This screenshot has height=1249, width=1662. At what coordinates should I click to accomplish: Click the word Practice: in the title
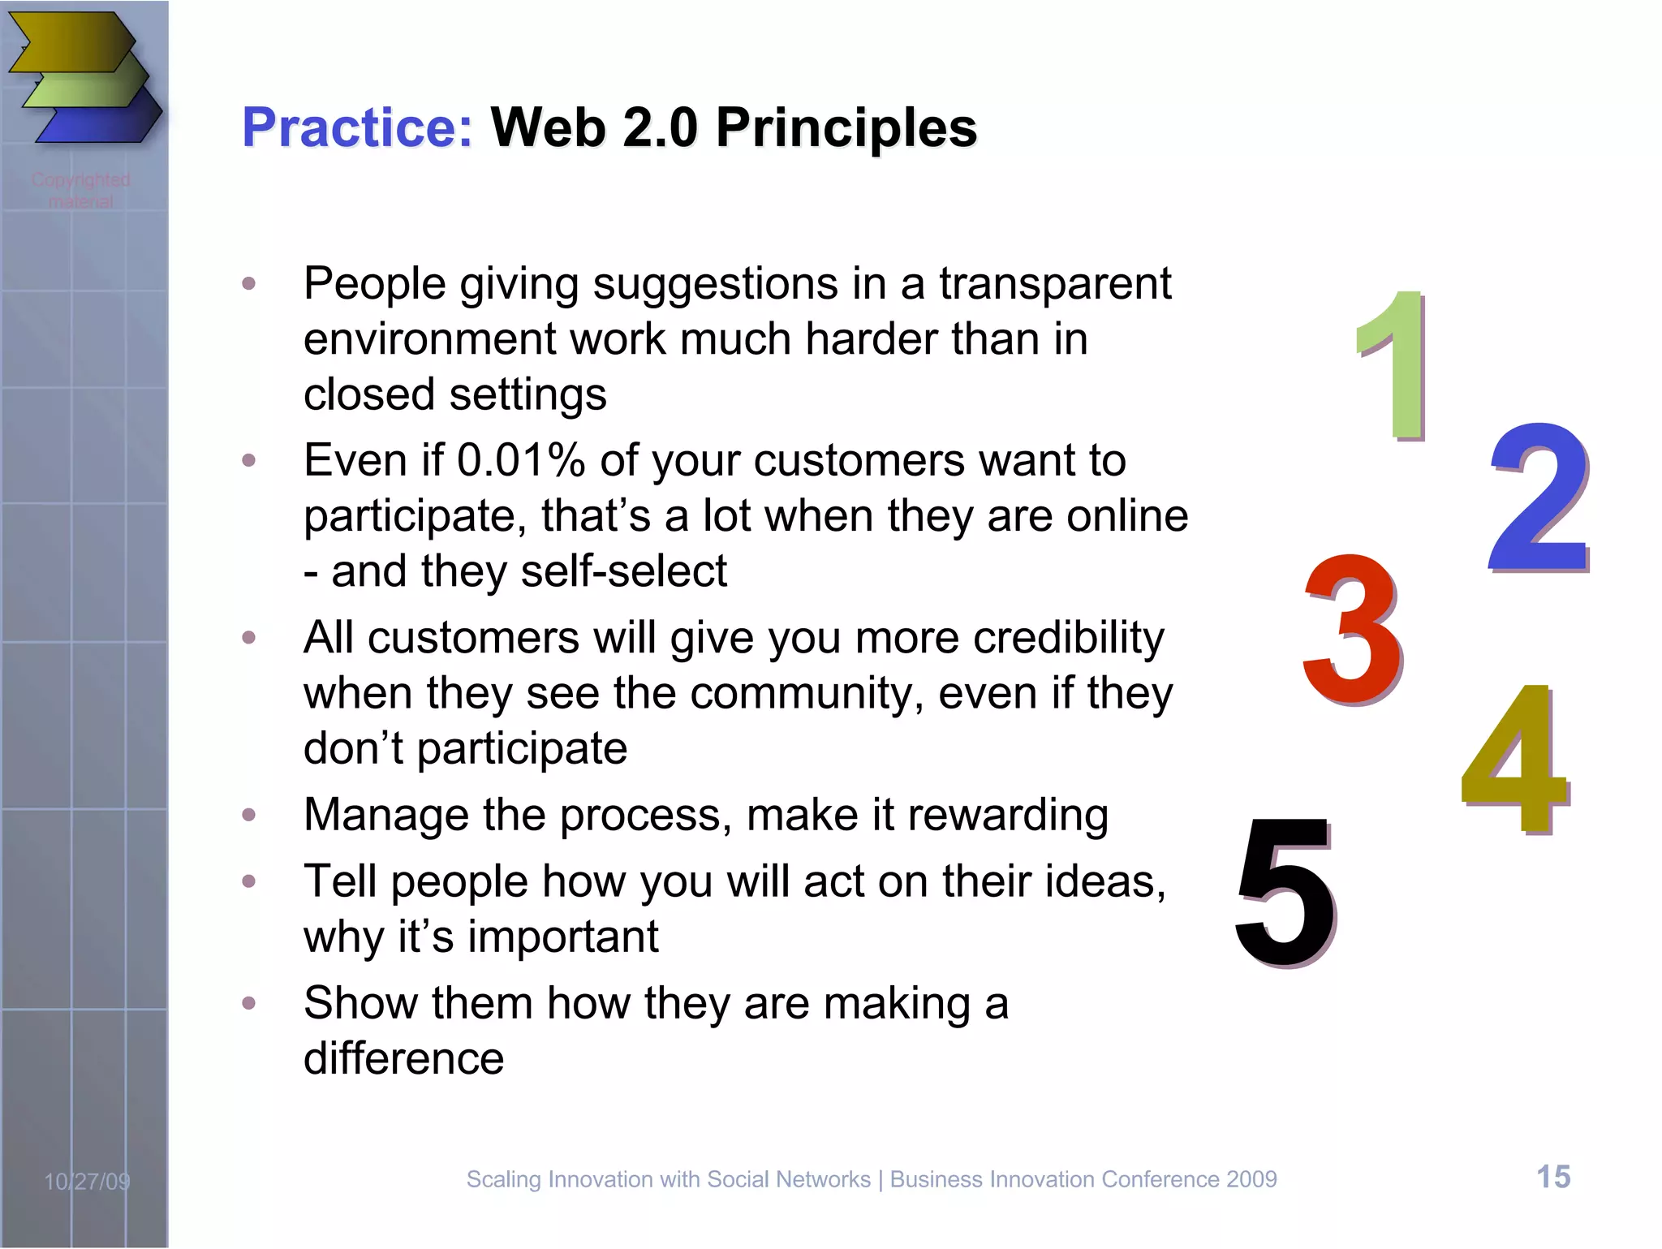(x=357, y=128)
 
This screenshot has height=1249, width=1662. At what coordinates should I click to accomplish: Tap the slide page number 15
(x=1553, y=1177)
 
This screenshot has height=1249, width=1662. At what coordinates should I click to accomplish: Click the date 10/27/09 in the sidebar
(x=87, y=1182)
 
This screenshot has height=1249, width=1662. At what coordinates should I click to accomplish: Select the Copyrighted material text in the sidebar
(x=81, y=190)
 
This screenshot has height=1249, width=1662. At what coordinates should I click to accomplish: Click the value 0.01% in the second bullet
(x=520, y=461)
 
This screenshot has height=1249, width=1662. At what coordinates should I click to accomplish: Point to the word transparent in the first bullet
(x=1055, y=284)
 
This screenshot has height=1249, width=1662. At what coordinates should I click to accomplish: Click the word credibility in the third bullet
(x=1068, y=638)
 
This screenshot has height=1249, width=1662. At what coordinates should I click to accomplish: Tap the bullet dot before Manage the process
(x=249, y=815)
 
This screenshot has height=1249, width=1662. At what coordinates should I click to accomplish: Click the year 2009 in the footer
(x=1251, y=1179)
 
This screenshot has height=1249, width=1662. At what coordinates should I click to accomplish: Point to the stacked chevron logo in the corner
(x=85, y=77)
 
